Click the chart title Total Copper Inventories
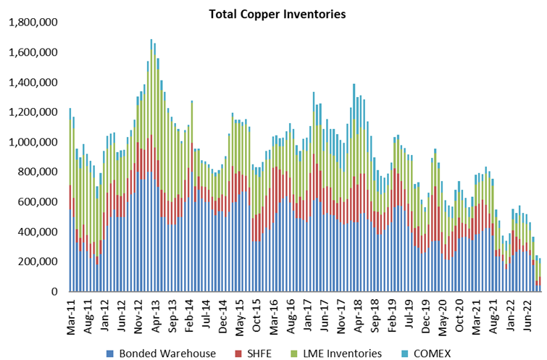tap(277, 14)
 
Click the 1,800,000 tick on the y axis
tap(33, 22)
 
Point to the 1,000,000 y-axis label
tap(33, 143)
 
